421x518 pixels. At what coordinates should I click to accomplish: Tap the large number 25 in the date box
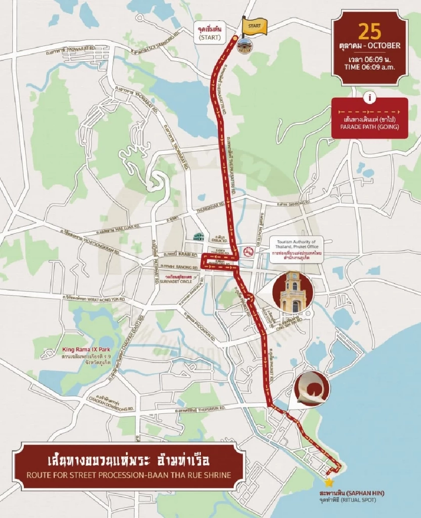pos(370,31)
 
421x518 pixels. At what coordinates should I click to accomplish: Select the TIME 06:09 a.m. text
pos(370,67)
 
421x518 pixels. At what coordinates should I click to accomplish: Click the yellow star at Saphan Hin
pos(329,483)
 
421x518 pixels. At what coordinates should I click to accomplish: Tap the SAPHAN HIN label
pos(352,493)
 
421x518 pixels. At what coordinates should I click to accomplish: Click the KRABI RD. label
pos(186,255)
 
